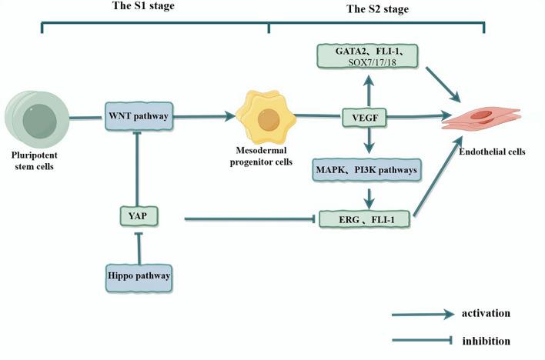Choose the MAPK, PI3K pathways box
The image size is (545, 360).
tap(366, 168)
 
